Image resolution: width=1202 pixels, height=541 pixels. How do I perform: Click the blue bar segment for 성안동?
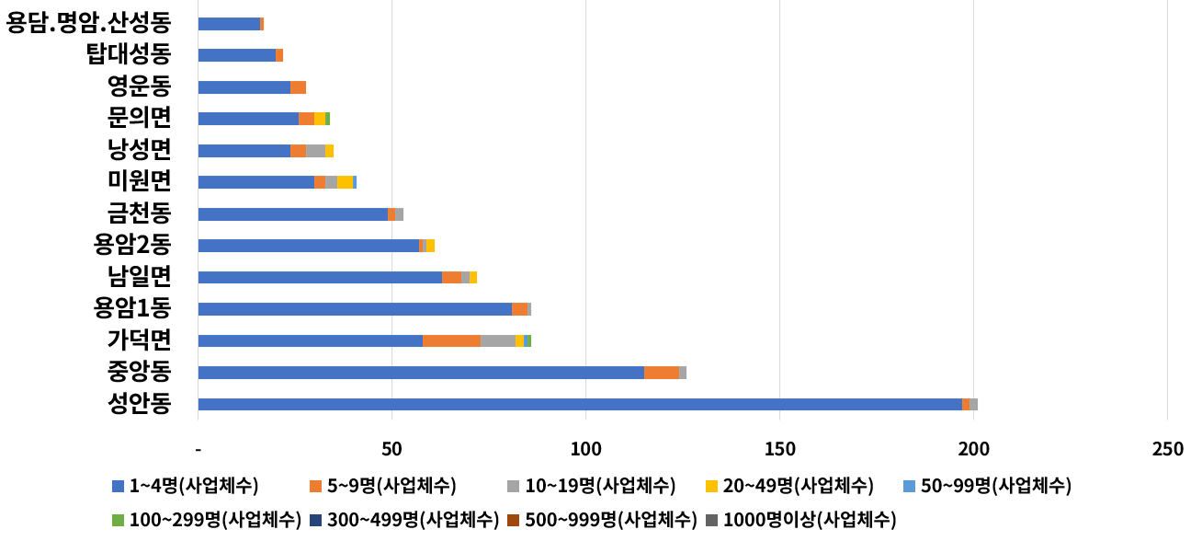[579, 404]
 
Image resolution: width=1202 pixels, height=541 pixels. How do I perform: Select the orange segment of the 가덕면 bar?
[451, 340]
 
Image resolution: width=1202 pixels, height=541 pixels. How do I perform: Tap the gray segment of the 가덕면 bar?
[498, 340]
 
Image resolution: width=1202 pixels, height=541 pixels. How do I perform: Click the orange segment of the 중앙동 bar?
[662, 373]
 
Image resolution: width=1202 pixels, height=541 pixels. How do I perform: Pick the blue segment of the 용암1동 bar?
[355, 309]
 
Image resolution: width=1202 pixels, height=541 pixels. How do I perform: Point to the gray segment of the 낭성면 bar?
[315, 151]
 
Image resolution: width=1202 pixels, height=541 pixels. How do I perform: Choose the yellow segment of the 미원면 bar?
[345, 182]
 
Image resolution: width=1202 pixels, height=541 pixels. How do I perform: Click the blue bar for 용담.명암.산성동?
[229, 24]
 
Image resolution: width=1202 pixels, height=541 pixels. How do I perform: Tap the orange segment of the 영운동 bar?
[298, 87]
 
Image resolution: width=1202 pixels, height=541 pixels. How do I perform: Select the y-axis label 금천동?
[139, 213]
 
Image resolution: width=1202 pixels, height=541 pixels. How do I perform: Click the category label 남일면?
[139, 277]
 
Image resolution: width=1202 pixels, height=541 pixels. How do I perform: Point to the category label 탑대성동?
[128, 54]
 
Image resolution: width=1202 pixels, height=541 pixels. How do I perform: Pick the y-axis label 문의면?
[139, 118]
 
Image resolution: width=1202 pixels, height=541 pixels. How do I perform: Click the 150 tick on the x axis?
[779, 449]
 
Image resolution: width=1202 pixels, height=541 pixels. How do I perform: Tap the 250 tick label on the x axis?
[1167, 449]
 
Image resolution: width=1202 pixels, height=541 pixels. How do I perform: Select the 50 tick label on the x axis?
[391, 449]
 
